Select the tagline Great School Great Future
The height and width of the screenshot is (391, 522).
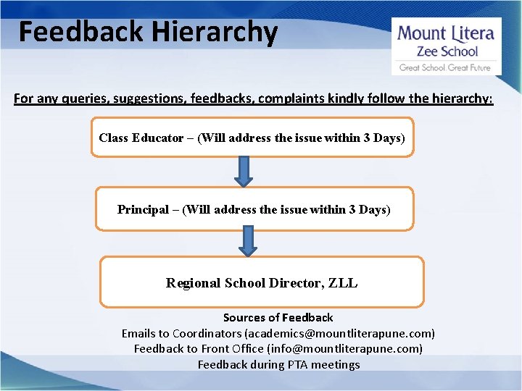click(445, 67)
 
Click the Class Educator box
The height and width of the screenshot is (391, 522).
click(252, 138)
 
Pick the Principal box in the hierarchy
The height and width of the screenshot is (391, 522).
click(254, 209)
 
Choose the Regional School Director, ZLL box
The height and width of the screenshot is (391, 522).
click(261, 282)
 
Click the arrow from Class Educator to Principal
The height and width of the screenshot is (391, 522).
click(245, 172)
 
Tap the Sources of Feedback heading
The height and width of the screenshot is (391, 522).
click(278, 317)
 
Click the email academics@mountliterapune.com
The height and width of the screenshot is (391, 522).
click(339, 333)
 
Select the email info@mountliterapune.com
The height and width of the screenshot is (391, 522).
click(344, 348)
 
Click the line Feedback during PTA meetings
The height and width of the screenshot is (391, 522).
click(278, 364)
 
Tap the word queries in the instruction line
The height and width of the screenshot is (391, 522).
click(77, 98)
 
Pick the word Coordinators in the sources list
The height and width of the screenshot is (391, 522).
click(206, 333)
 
